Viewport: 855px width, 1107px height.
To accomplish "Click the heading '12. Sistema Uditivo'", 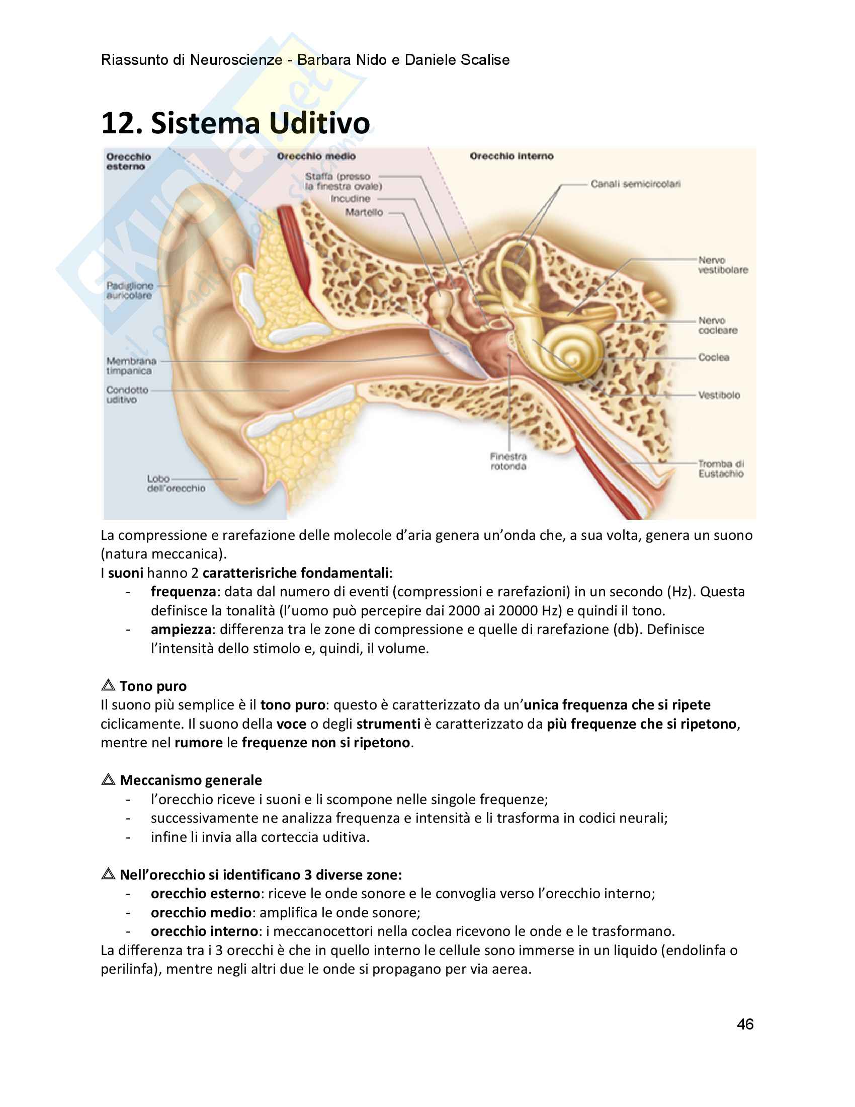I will pos(235,123).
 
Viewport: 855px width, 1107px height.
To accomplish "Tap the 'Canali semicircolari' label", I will pos(635,184).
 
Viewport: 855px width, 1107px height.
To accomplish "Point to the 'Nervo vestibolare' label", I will pos(723,265).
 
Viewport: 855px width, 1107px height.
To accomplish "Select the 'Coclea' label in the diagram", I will pos(714,357).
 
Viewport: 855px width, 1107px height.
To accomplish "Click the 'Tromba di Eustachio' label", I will pos(721,469).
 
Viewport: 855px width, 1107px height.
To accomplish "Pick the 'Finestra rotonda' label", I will pos(508,461).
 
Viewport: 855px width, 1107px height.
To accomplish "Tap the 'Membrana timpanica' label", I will pos(131,366).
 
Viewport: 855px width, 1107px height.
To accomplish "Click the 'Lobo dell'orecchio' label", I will pos(176,484).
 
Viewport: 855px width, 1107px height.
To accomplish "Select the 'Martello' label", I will pos(364,212).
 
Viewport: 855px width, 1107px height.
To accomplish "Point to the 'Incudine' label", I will pos(350,199).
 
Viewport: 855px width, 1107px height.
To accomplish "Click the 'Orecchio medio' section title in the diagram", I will pos(316,156).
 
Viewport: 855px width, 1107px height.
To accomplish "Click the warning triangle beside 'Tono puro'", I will pos(108,685).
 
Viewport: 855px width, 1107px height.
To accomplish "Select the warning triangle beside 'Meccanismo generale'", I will pos(108,779).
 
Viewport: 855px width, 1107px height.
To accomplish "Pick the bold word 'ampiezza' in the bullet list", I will pos(181,629).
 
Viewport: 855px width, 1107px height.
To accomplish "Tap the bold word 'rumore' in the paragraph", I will pos(199,743).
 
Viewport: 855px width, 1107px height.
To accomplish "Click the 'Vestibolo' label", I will pos(719,395).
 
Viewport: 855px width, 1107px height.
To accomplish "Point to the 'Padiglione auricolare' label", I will pos(130,290).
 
